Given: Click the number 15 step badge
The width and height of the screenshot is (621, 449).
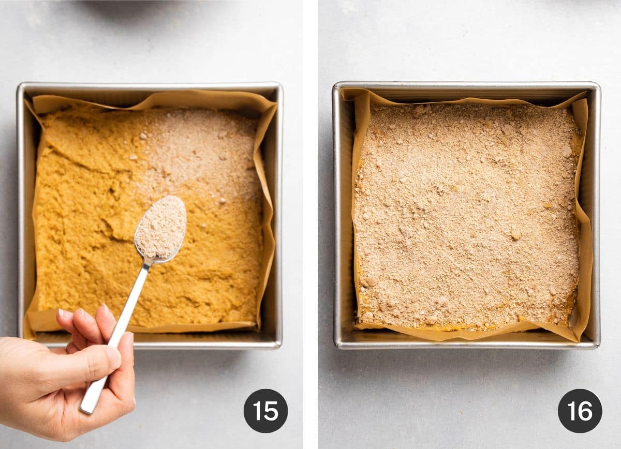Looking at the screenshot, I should (x=265, y=411).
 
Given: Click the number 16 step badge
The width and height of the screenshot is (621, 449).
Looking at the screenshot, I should (x=580, y=411).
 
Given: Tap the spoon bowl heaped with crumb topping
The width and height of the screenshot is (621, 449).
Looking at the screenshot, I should (x=161, y=227).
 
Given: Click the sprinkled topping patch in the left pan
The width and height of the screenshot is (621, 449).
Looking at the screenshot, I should (x=202, y=150).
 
